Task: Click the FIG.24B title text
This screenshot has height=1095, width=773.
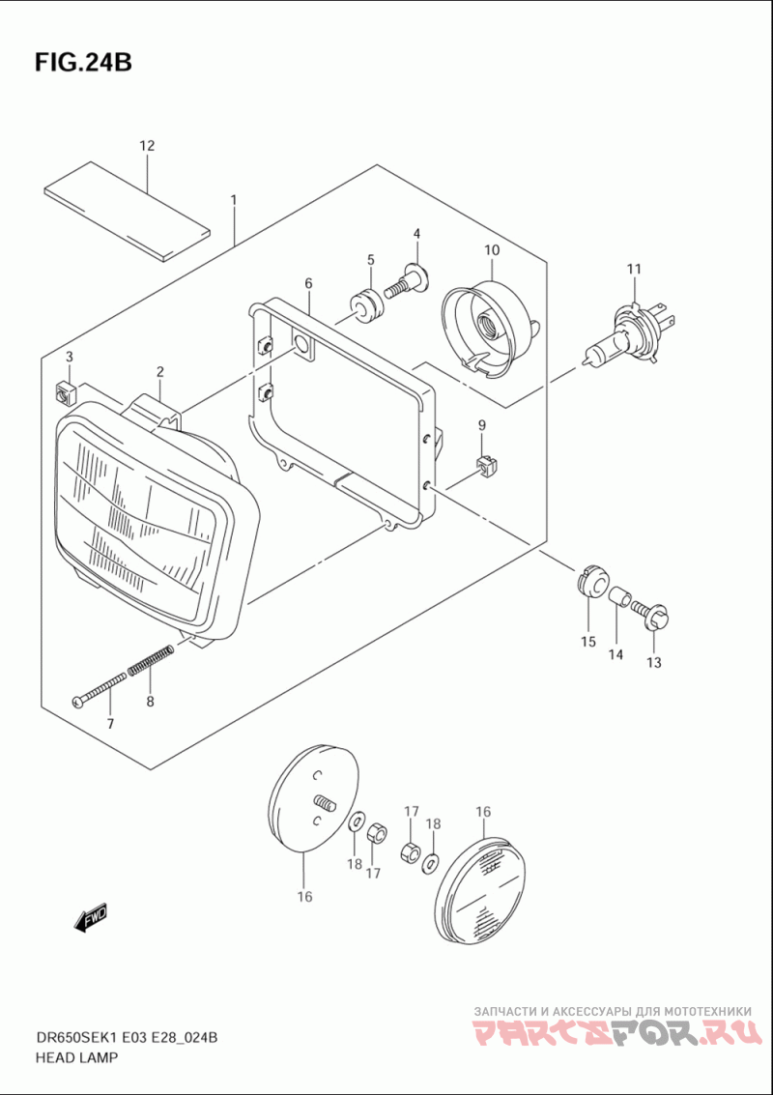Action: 83,62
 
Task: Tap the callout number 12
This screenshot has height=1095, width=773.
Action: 147,146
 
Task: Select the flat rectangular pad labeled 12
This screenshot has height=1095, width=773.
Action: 127,211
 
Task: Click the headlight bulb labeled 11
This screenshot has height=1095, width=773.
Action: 628,333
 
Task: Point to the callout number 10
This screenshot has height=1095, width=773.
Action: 491,250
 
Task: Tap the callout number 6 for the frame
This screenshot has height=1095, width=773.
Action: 308,283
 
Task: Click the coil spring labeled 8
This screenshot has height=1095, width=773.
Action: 149,660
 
